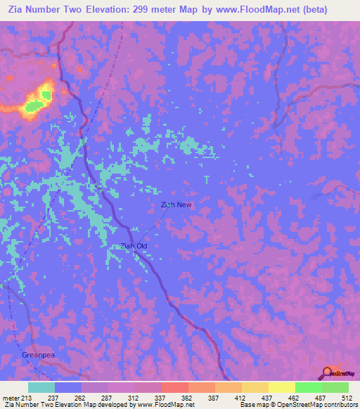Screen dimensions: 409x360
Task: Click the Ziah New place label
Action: [x=176, y=204]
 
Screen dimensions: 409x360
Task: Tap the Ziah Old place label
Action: [x=134, y=245]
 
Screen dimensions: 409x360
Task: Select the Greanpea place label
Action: [x=37, y=355]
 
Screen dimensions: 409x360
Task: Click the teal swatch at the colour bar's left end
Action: [x=41, y=388]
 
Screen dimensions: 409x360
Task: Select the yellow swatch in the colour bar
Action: [x=282, y=388]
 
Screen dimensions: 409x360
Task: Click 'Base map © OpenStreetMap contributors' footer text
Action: [x=297, y=405]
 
